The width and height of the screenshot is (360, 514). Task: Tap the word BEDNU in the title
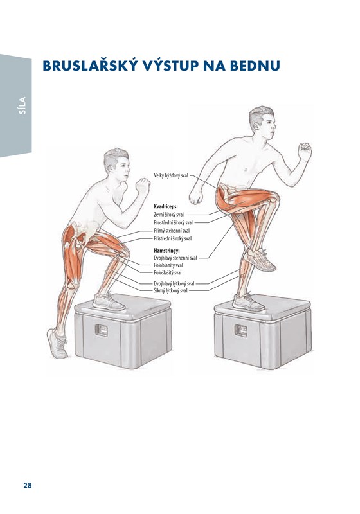click(x=255, y=66)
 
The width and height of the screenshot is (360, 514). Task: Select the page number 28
click(x=28, y=485)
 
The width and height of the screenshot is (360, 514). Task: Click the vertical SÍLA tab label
click(x=22, y=105)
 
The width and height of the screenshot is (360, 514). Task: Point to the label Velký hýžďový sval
click(x=171, y=175)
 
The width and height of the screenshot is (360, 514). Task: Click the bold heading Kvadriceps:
click(x=166, y=206)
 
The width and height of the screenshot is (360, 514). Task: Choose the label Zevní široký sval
click(x=169, y=215)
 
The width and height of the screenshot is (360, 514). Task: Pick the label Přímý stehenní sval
click(x=172, y=231)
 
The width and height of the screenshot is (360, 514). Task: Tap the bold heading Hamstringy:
click(x=166, y=251)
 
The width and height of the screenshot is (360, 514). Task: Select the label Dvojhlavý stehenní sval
click(x=175, y=258)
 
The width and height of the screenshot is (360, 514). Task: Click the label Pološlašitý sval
click(x=168, y=272)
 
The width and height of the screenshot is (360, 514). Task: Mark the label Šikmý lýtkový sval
click(x=170, y=291)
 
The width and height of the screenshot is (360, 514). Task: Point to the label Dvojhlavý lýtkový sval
click(x=174, y=283)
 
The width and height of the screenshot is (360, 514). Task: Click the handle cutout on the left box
click(x=102, y=330)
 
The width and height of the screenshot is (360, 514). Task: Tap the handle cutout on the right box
click(x=241, y=330)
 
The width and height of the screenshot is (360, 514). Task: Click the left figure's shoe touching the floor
click(x=57, y=344)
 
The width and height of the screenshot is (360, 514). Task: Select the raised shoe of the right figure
click(x=260, y=260)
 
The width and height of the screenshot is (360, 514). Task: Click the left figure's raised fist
click(x=143, y=186)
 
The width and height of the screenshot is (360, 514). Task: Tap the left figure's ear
click(x=110, y=168)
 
